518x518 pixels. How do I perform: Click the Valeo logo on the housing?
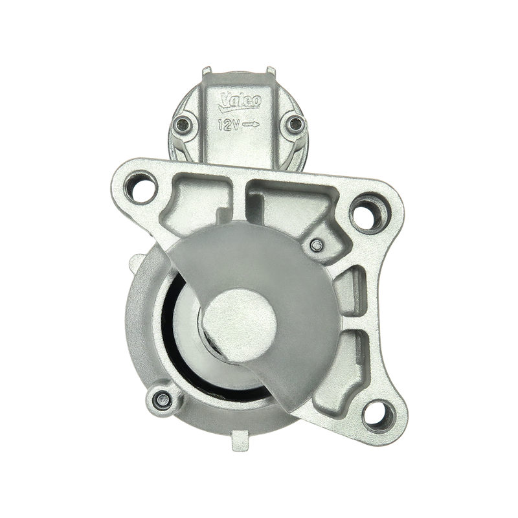pos(240,100)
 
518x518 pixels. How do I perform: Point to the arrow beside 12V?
pos(251,124)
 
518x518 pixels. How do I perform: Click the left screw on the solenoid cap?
pos(183,124)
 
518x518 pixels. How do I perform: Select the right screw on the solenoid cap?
pos(294,124)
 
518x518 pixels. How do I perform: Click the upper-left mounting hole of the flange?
pos(141,186)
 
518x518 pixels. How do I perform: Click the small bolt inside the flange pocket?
pos(316,245)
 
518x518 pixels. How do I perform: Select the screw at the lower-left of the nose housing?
pos(163,400)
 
